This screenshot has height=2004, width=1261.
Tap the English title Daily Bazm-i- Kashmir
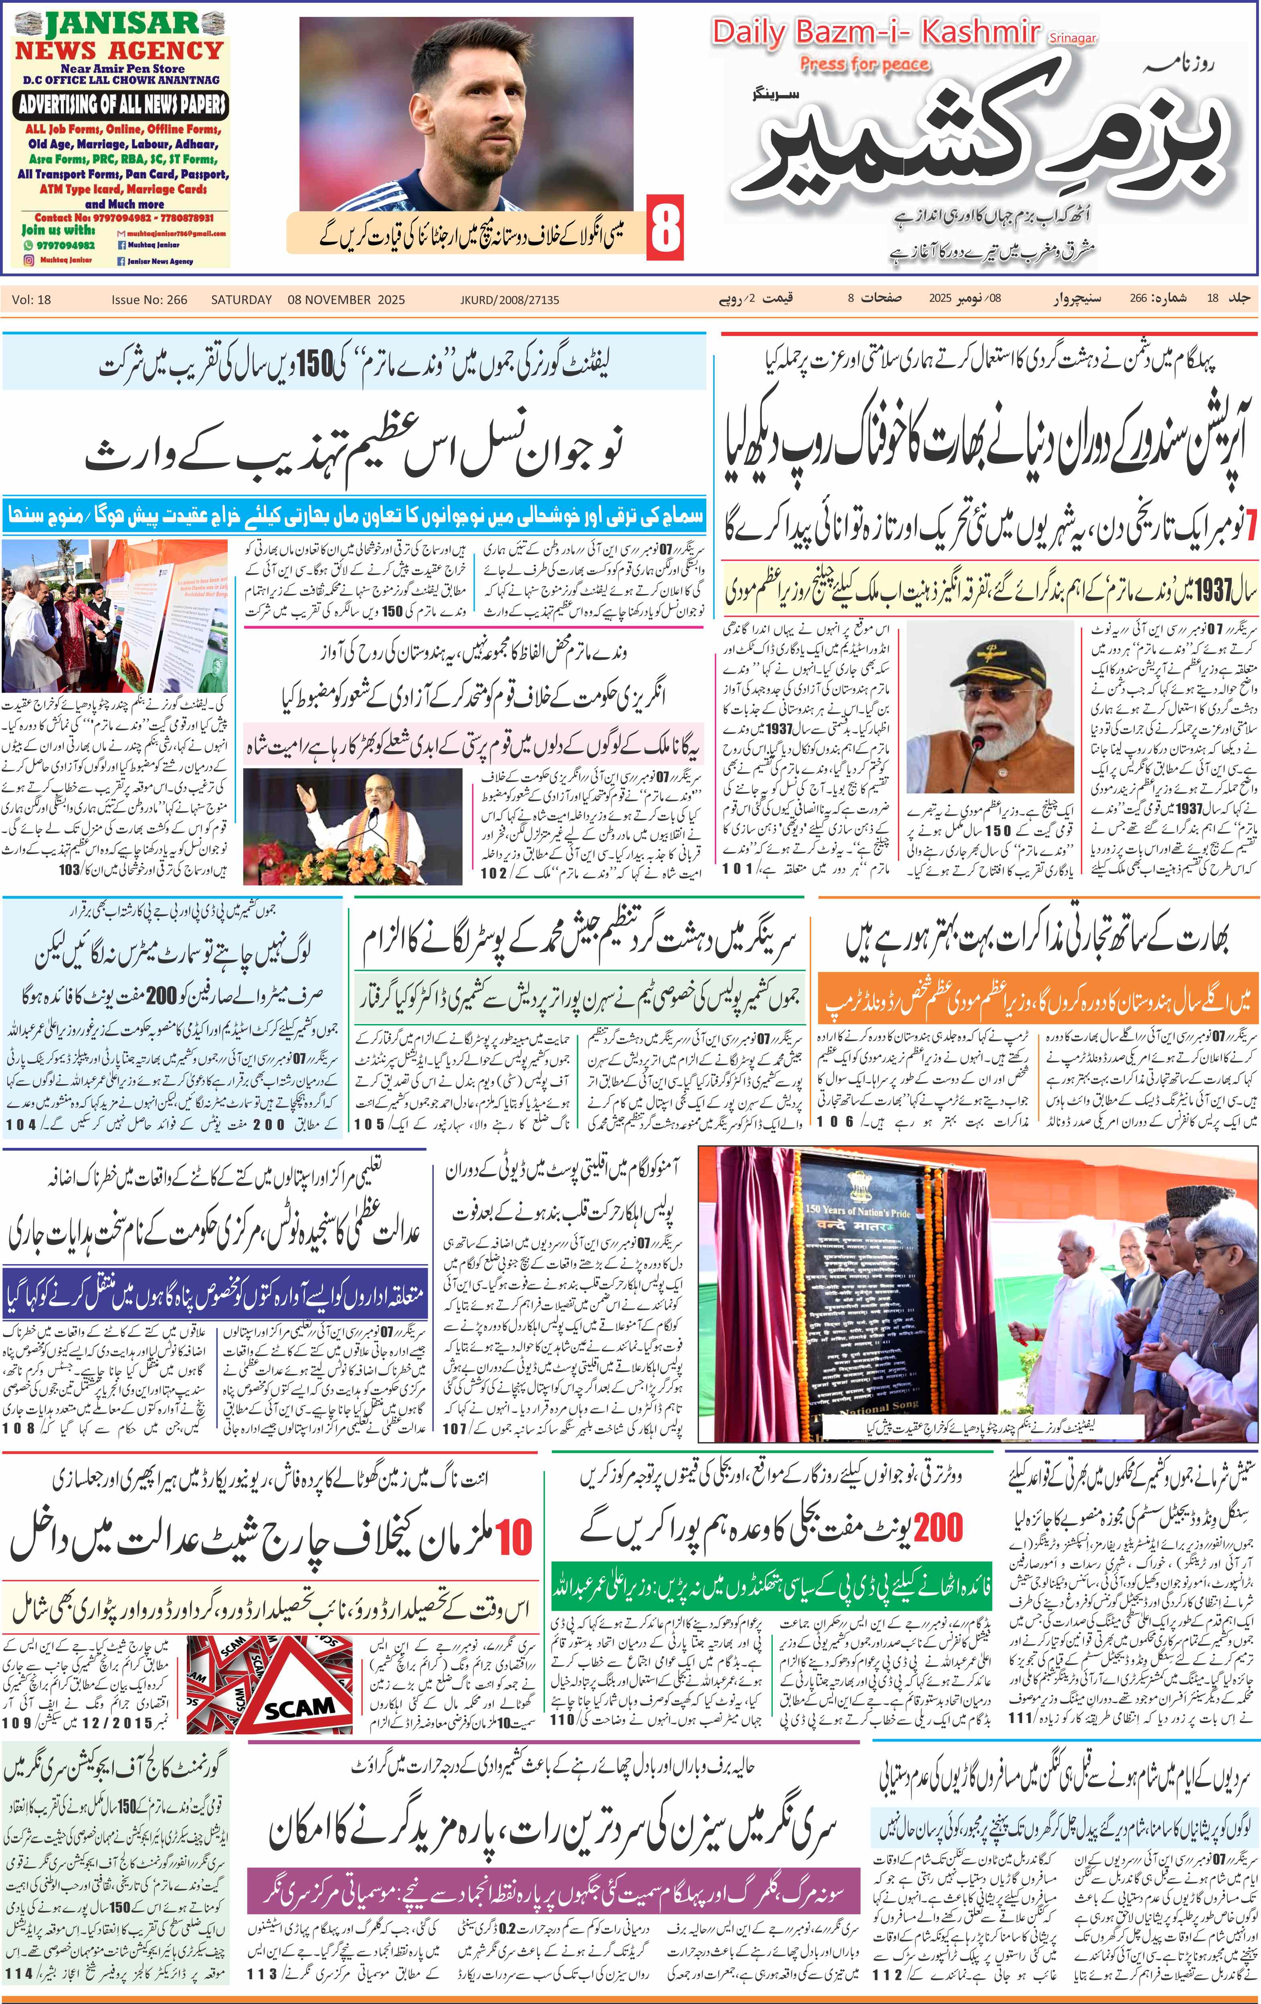[876, 33]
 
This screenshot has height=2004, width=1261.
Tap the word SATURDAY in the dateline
[241, 300]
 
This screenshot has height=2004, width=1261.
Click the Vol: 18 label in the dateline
[32, 300]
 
